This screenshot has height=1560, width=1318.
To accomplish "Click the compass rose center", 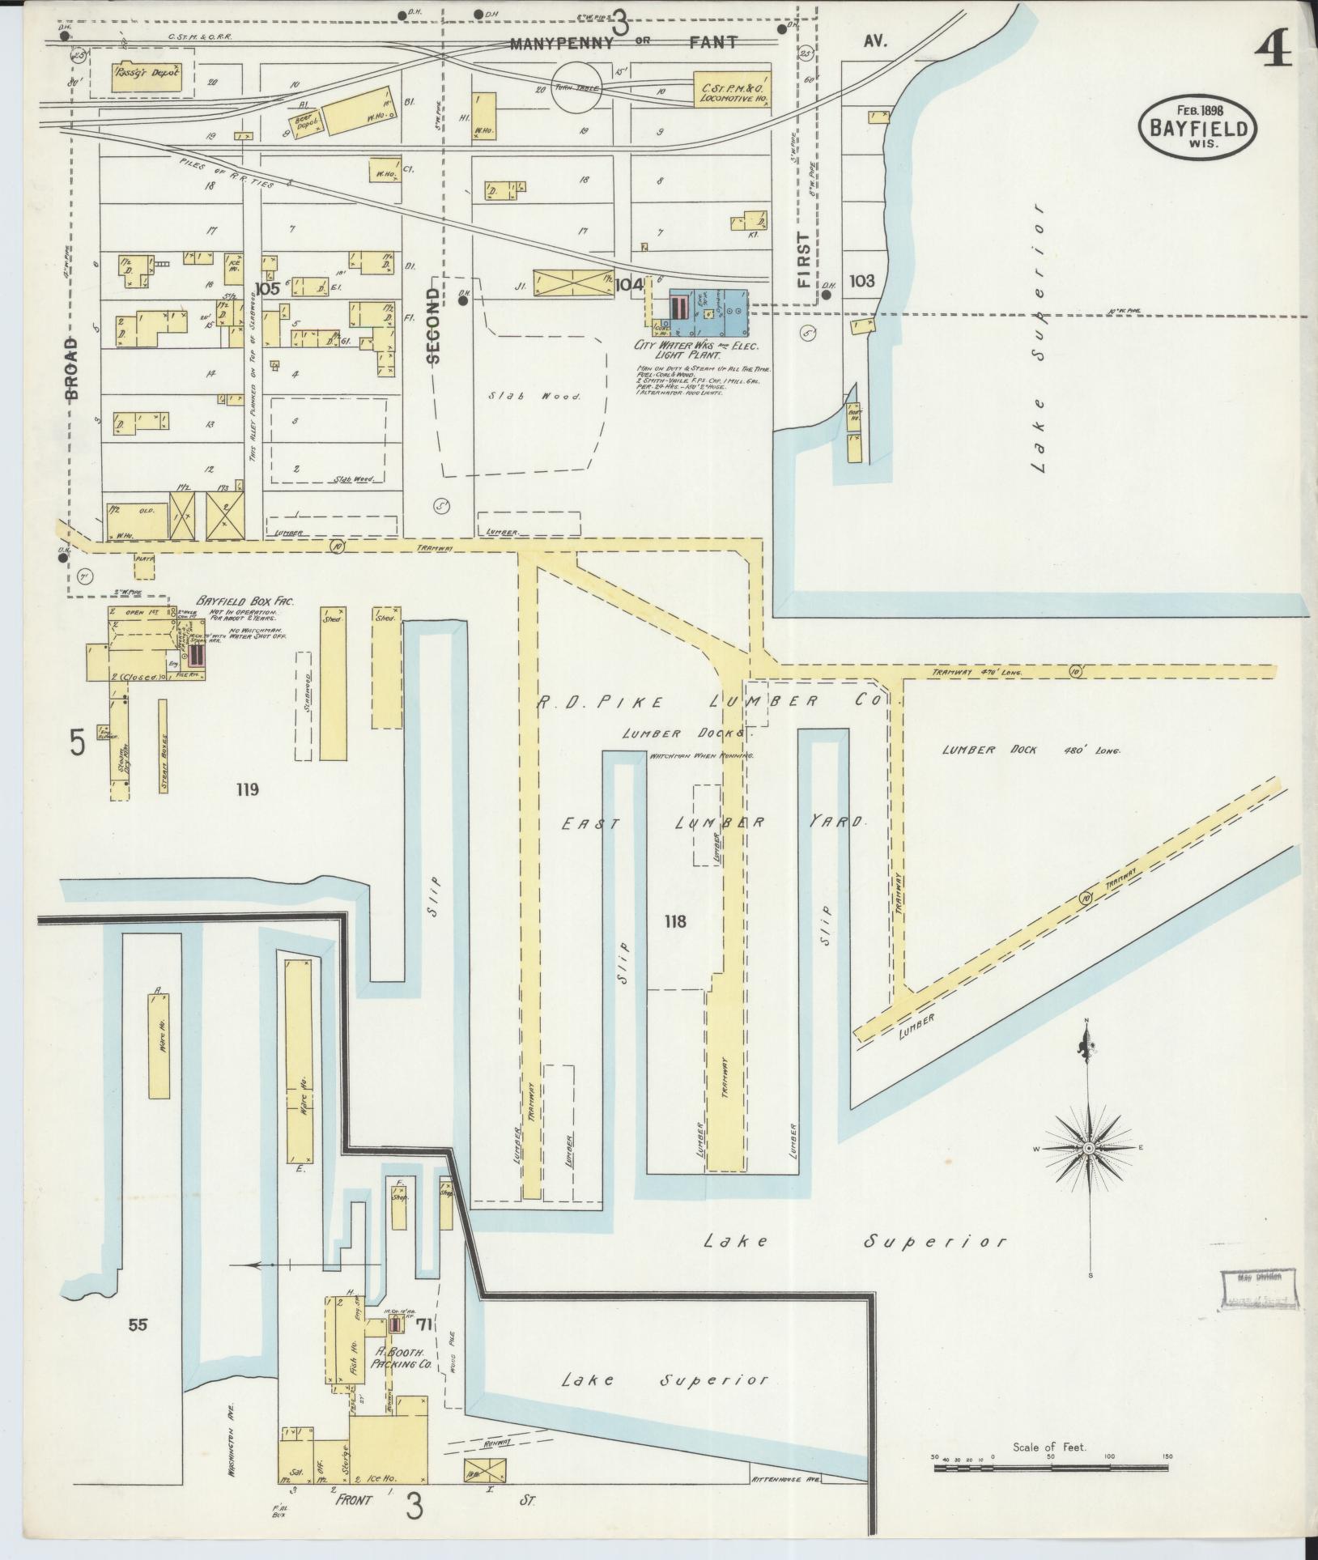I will [1089, 1149].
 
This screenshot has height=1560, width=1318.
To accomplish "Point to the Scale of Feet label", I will [1049, 1447].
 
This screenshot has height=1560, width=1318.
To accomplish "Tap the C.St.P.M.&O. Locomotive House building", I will [732, 90].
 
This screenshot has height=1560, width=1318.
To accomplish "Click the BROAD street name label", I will [71, 369].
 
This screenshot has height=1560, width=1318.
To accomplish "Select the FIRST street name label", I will [802, 261].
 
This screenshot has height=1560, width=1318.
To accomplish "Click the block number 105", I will [266, 288].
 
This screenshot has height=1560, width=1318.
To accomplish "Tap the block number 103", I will [861, 281].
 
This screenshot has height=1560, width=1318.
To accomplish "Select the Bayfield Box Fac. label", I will [244, 602].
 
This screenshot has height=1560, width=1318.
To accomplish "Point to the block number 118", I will [674, 920].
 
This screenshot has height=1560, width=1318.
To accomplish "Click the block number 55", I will [138, 1324].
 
